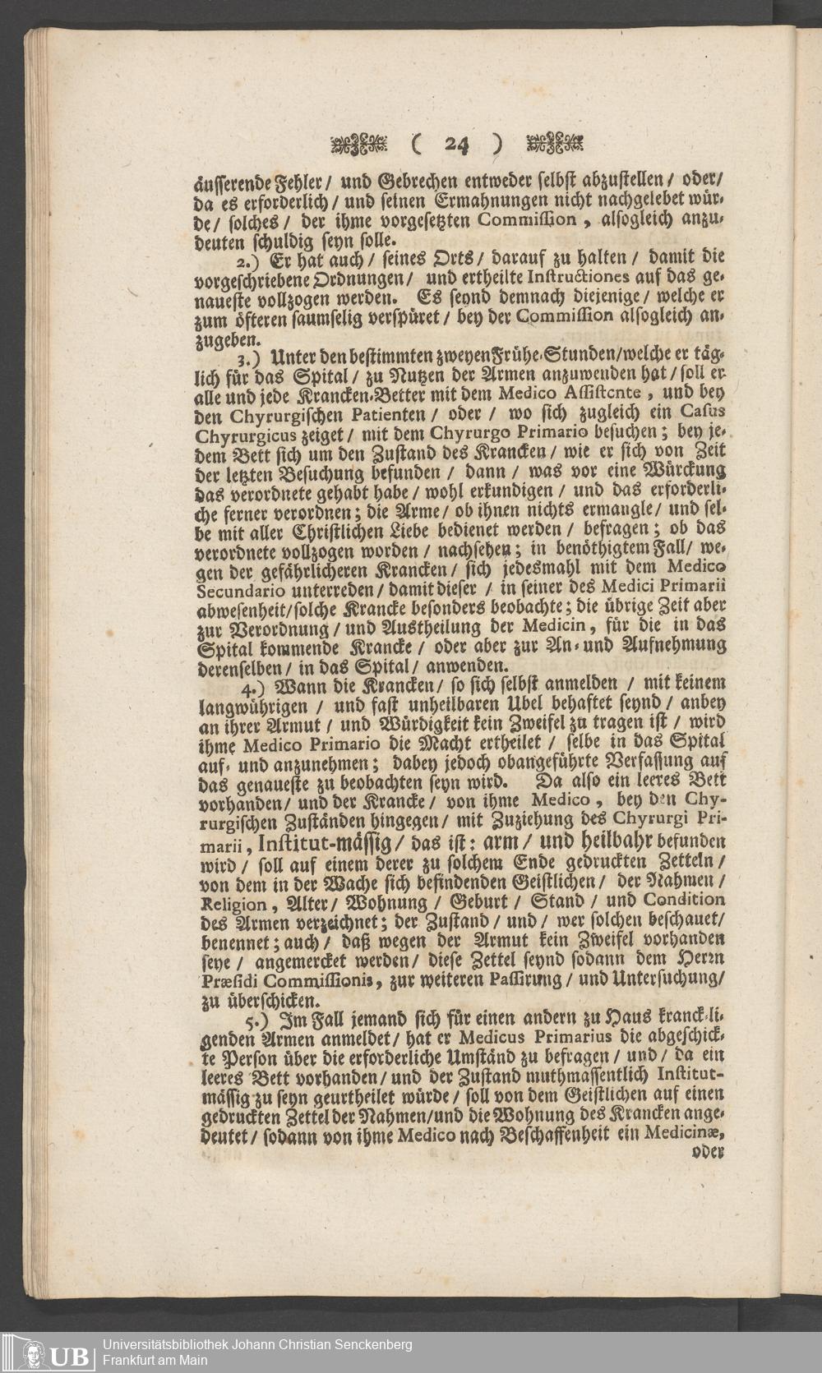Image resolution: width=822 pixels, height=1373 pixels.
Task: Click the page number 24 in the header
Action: [456, 145]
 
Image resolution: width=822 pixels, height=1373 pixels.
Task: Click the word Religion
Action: [232, 905]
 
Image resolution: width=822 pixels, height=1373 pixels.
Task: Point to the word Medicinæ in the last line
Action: [690, 1133]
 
